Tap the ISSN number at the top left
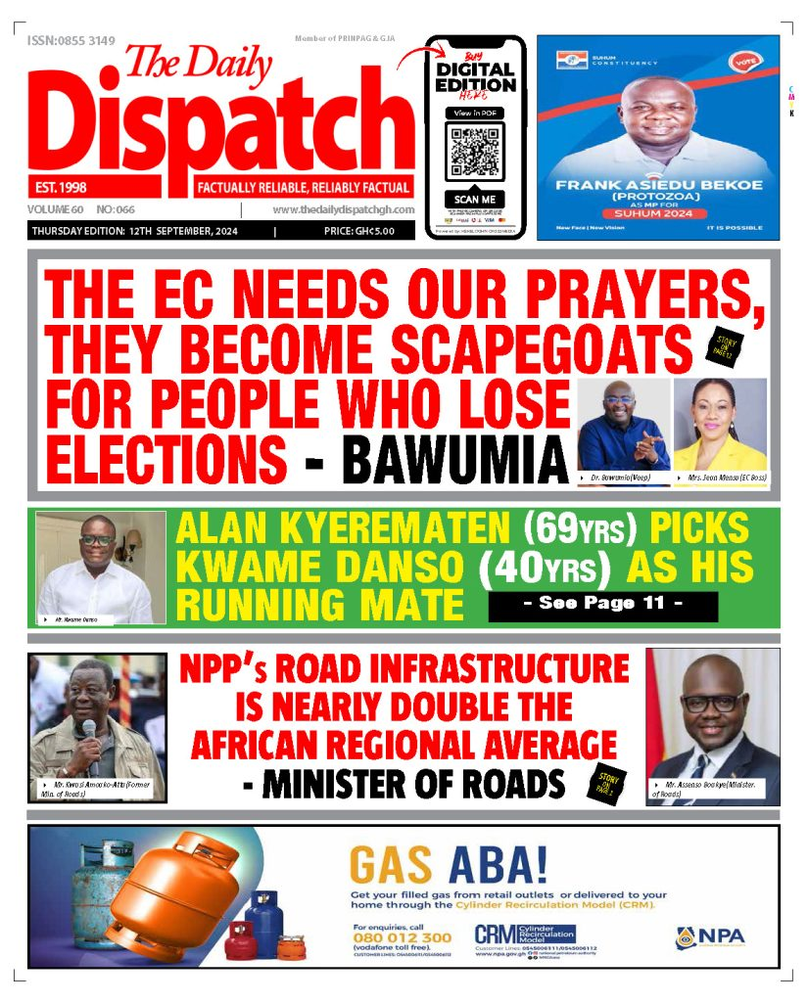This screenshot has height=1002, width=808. pyautogui.click(x=71, y=40)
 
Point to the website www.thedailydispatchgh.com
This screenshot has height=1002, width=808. pyautogui.click(x=343, y=209)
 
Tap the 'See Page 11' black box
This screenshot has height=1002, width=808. pyautogui.click(x=602, y=605)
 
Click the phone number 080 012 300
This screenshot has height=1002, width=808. pyautogui.click(x=402, y=936)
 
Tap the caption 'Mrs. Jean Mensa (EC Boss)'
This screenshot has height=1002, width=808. pyautogui.click(x=728, y=478)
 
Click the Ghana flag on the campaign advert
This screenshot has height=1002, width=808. pyautogui.click(x=572, y=59)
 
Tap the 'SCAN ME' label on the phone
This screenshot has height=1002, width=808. pyautogui.click(x=475, y=199)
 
